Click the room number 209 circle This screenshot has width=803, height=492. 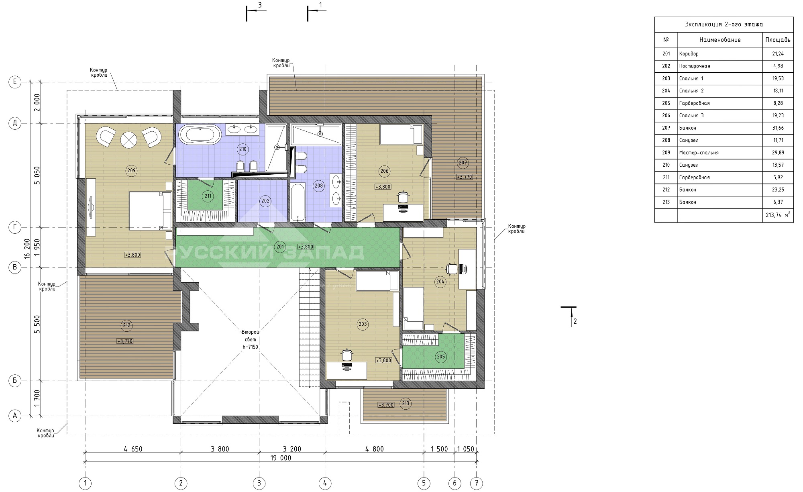131,171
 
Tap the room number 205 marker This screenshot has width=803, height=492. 440,357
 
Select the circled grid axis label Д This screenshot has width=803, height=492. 15,123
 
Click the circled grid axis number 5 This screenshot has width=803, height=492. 424,483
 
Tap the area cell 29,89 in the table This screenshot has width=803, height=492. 778,153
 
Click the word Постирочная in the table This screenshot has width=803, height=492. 695,66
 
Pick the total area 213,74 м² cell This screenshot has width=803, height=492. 778,215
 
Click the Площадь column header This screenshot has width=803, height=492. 778,40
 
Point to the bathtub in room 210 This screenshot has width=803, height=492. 199,134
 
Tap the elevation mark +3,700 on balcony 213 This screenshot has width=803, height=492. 386,405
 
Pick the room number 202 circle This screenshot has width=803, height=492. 265,201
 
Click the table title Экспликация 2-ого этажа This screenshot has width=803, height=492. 724,24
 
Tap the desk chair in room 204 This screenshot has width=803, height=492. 452,268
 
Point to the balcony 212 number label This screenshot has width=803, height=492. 126,325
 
